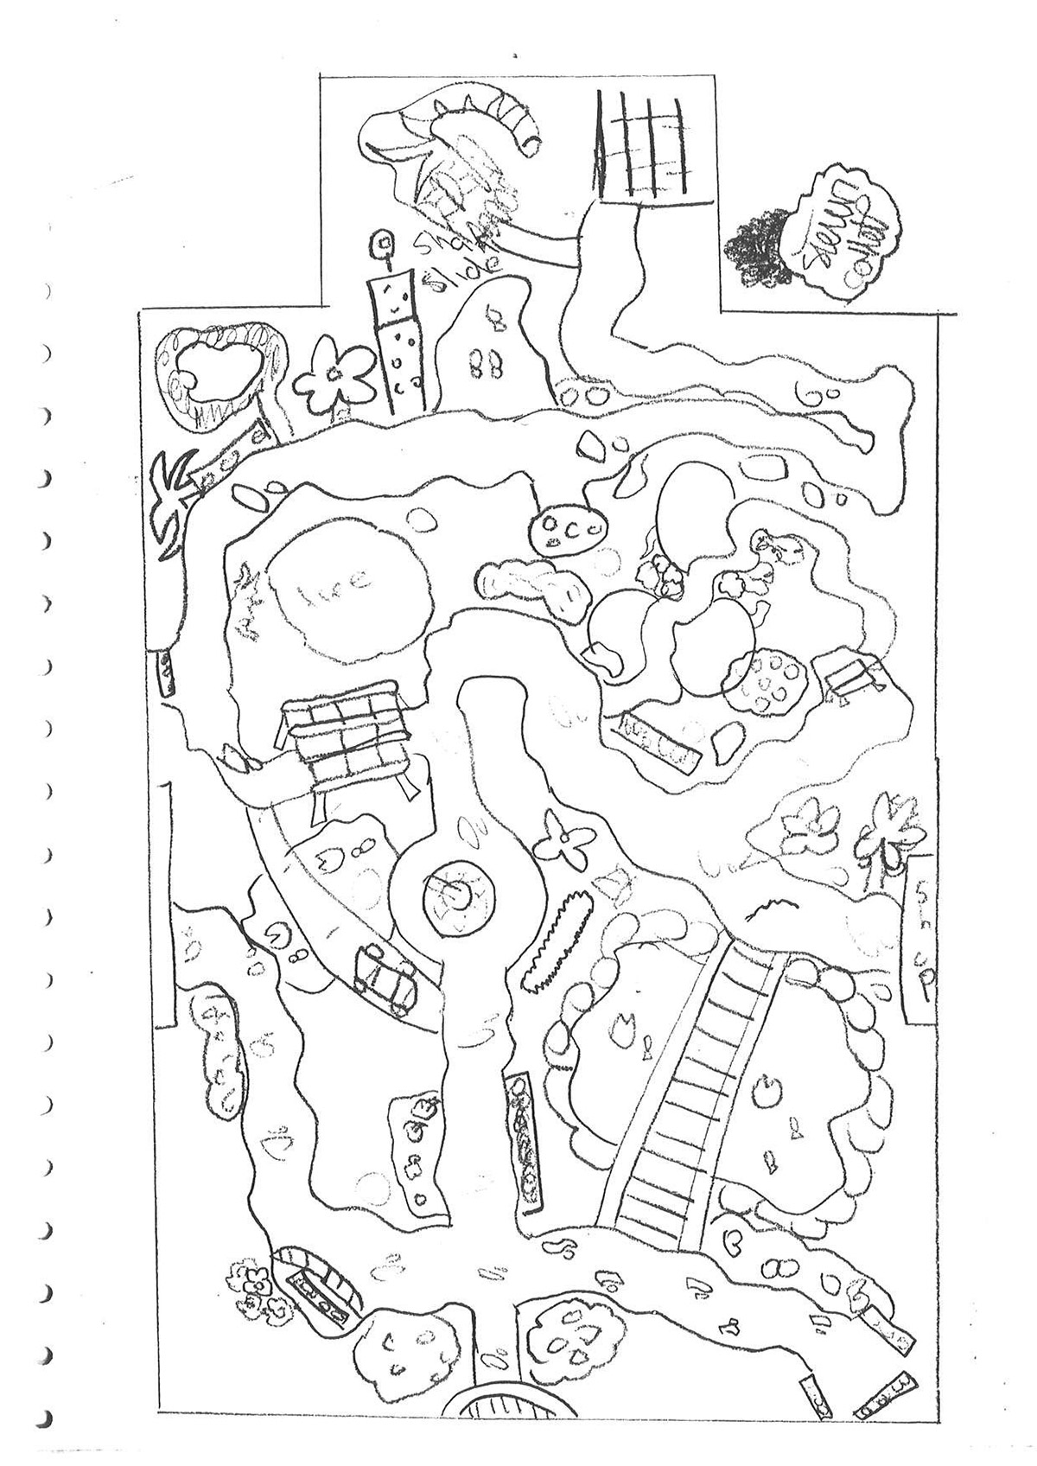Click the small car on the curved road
click(x=385, y=978)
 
